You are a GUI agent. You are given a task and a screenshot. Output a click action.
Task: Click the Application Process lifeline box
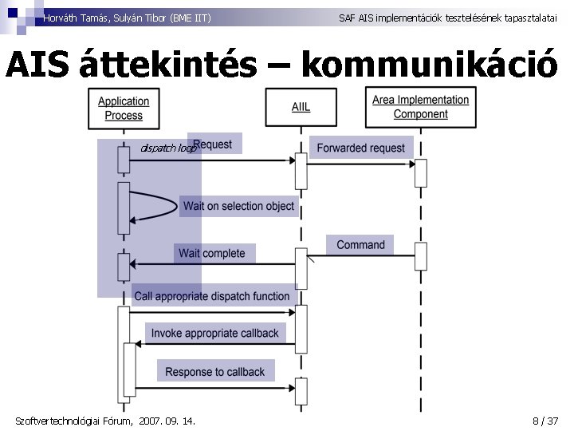[x=124, y=108]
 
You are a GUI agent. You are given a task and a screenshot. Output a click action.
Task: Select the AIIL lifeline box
[x=301, y=107]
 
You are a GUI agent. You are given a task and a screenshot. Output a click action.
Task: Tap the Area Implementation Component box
[x=420, y=107]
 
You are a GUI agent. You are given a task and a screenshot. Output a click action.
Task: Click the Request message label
[x=213, y=144]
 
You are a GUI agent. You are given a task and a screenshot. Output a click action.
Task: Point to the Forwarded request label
[x=361, y=148]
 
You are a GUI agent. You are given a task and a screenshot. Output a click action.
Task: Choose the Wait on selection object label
[x=238, y=206]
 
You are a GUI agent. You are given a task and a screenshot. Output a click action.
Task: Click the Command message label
[x=360, y=245]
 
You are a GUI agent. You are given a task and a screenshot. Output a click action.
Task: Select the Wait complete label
[x=212, y=253]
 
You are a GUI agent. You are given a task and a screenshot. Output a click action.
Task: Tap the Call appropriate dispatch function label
[x=212, y=296]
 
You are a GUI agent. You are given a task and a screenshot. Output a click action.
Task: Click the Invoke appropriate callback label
[x=214, y=333]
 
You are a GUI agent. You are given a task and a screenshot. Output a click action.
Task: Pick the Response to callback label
[x=214, y=371]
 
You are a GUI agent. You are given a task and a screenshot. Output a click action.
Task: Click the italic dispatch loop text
[x=167, y=148]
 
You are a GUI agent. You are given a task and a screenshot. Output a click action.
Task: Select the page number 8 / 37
[x=545, y=421]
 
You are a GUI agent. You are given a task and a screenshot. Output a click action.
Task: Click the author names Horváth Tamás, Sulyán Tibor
[x=128, y=17]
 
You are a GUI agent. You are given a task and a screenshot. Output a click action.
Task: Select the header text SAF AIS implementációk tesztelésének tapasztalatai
[x=448, y=17]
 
